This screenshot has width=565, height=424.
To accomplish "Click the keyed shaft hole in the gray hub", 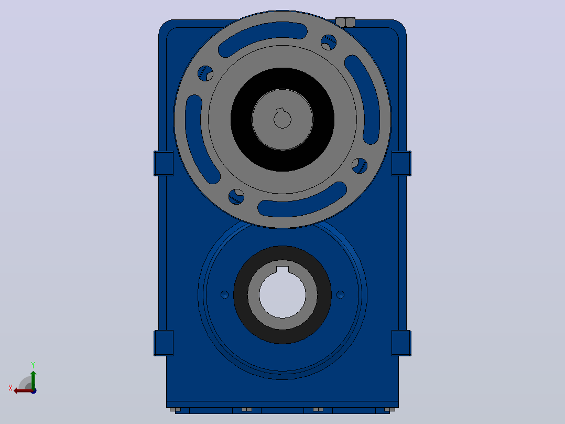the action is pos(282,119).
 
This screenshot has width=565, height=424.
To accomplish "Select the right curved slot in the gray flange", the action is pos(363,99).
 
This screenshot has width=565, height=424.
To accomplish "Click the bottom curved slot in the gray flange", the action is pos(302,200).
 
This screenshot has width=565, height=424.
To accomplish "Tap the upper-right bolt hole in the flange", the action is pos(329,43).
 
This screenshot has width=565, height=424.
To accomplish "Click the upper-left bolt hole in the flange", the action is pos(205,73).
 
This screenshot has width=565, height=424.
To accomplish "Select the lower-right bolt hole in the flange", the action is pos(360,166).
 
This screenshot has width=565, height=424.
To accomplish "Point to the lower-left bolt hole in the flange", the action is pos(236,197).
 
